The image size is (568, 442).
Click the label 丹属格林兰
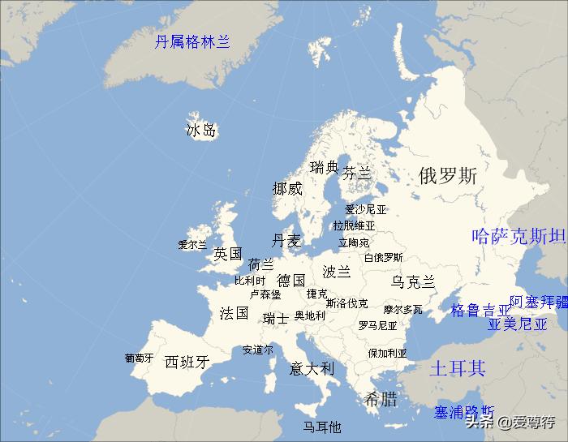(x=192, y=42)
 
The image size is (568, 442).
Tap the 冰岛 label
(x=201, y=130)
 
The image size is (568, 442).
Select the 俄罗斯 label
(x=448, y=175)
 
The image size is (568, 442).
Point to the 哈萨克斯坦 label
(x=519, y=237)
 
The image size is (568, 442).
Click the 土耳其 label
(x=457, y=368)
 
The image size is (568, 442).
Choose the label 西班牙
(x=187, y=362)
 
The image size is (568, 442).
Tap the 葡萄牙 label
(x=139, y=358)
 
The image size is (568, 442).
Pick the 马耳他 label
(x=322, y=427)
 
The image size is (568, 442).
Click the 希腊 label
(x=381, y=399)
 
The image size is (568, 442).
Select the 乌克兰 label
(x=413, y=282)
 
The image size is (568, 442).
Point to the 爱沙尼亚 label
(x=366, y=209)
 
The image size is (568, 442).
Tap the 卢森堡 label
(x=265, y=294)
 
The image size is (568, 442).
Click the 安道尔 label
(x=258, y=350)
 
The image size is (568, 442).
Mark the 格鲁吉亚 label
(x=481, y=310)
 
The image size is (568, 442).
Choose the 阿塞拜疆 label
(x=539, y=302)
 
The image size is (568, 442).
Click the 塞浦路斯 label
(x=464, y=412)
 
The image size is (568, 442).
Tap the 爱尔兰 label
(x=193, y=244)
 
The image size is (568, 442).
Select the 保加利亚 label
(x=387, y=354)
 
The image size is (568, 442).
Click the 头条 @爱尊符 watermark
(x=510, y=421)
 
